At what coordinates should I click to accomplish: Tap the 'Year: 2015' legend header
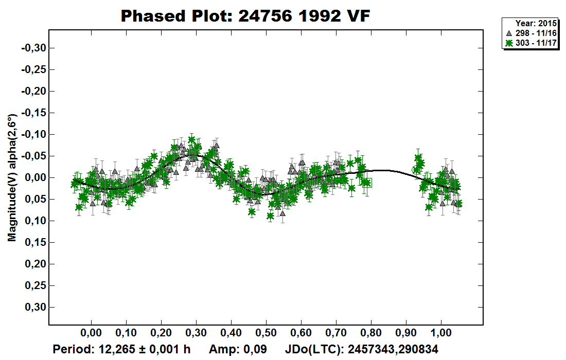point(536,24)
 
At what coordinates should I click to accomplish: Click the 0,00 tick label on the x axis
point(91,332)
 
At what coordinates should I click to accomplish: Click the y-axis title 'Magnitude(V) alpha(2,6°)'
point(12,177)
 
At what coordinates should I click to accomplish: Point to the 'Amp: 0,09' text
point(238,350)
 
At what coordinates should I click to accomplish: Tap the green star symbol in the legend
point(509,43)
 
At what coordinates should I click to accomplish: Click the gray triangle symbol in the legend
point(509,33)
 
